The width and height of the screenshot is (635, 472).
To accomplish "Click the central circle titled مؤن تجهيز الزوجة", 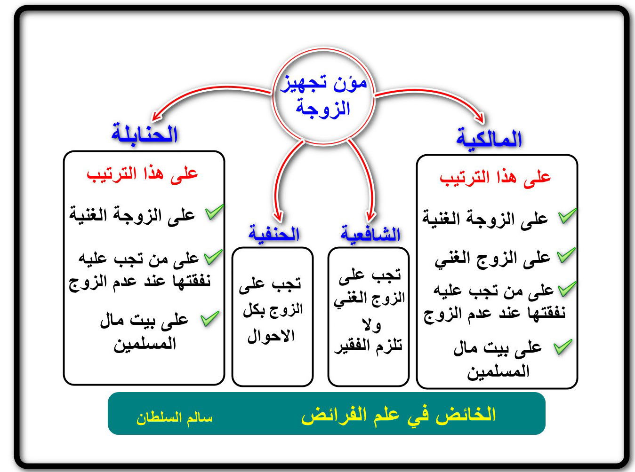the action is [323, 96].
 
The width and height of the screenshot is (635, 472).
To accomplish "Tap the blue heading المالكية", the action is [489, 139].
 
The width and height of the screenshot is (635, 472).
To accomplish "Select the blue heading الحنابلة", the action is [145, 134].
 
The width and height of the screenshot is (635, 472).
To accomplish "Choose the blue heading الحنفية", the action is [274, 233].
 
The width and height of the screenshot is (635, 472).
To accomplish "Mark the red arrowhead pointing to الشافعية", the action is [370, 216].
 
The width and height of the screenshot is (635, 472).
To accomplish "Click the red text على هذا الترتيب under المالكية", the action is [495, 178].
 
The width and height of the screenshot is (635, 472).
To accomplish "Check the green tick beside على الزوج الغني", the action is [566, 255].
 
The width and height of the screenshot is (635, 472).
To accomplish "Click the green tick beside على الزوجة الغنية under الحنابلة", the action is [215, 212].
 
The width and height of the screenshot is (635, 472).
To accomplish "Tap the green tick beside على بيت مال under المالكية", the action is [563, 347].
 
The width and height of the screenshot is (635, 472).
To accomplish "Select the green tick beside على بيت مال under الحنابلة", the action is [210, 319].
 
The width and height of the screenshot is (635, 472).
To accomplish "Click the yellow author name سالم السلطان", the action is [174, 418].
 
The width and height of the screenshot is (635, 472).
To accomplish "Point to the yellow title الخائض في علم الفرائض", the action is [398, 416].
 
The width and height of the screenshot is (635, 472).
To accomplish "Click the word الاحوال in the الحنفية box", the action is [271, 336].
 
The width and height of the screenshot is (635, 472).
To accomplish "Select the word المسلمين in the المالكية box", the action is [498, 371].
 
